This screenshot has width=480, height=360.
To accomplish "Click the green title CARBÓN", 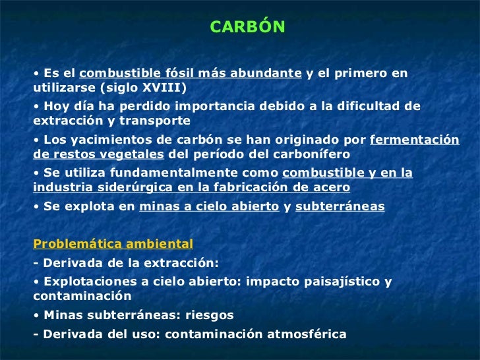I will click(247, 27).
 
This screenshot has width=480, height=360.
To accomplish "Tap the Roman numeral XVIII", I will click(164, 88).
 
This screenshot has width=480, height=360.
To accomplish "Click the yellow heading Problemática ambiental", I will click(113, 243).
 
